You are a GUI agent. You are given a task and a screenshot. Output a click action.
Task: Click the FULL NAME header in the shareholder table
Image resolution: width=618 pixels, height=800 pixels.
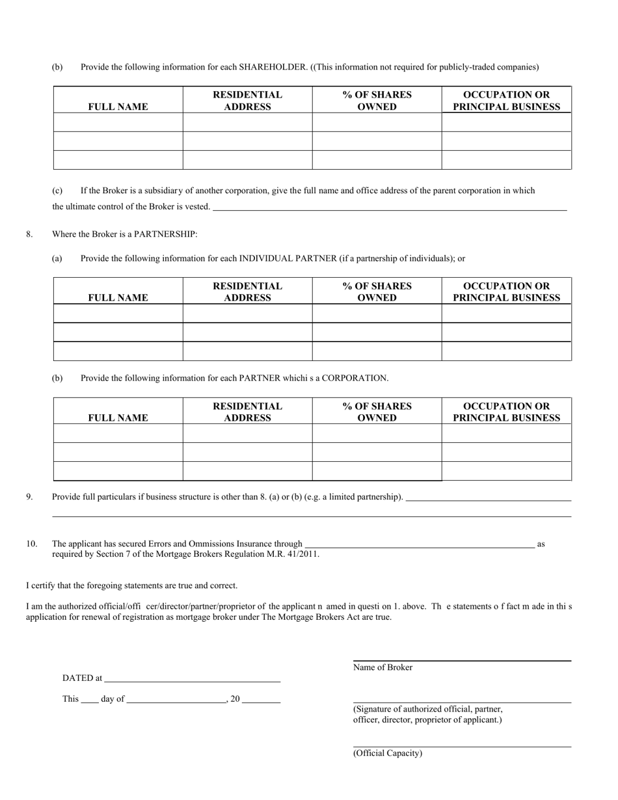[118, 107]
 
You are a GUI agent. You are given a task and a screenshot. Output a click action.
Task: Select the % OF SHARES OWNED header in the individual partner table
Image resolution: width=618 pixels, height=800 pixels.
[377, 292]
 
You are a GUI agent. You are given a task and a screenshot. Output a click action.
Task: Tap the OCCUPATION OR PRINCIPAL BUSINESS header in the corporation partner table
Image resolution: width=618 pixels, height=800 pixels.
[506, 412]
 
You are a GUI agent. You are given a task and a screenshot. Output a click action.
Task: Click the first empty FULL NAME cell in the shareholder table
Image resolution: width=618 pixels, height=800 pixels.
[118, 122]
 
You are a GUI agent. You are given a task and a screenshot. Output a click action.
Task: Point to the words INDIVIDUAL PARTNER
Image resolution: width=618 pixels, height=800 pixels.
[288, 258]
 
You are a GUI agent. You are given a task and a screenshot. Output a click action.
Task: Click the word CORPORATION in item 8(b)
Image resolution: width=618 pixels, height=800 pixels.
[355, 378]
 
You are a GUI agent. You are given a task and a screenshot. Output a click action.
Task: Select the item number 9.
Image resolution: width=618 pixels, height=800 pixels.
[29, 497]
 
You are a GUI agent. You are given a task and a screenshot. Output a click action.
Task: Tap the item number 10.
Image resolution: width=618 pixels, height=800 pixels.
[31, 544]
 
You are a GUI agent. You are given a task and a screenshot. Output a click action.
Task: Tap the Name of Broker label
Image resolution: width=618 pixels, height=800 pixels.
[383, 667]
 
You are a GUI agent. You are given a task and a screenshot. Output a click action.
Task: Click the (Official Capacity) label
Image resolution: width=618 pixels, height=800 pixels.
[387, 753]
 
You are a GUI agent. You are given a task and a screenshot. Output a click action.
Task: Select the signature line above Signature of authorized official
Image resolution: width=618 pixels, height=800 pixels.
[462, 702]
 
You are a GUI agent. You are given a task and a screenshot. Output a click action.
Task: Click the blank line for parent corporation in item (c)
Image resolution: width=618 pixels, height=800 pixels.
[390, 209]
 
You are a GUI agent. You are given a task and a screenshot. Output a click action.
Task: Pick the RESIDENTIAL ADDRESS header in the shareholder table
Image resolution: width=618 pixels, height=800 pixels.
[247, 101]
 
